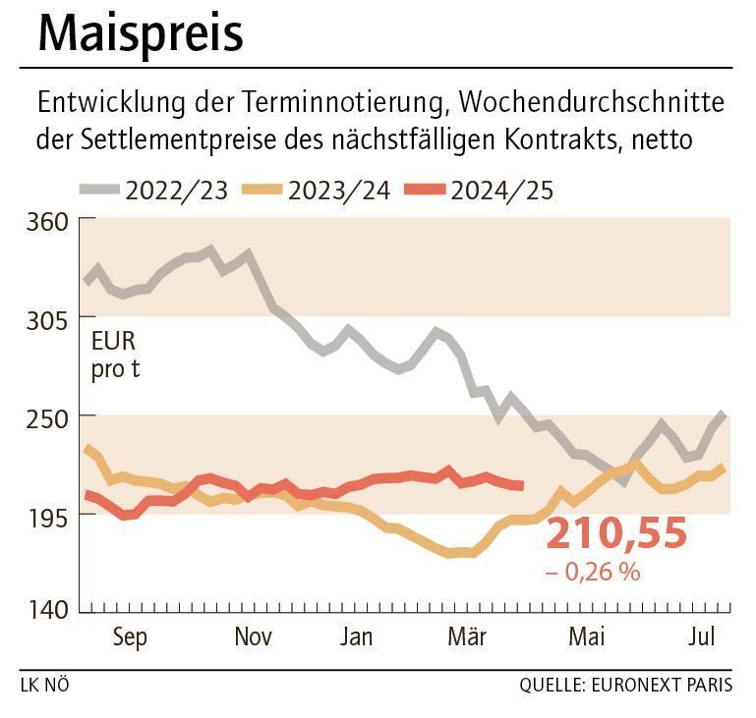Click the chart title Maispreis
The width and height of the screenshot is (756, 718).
pos(140,34)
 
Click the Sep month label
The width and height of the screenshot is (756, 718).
pos(130,637)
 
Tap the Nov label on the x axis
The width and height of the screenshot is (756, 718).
pos(253,637)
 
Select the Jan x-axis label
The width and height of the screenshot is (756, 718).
pos(356,637)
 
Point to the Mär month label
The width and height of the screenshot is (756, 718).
pos(468,637)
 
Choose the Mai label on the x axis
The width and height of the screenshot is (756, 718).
pos(587,637)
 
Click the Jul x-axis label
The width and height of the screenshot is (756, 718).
pos(701,637)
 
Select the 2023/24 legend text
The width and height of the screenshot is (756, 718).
pos(339,190)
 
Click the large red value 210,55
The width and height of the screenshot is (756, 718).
pos(616,534)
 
